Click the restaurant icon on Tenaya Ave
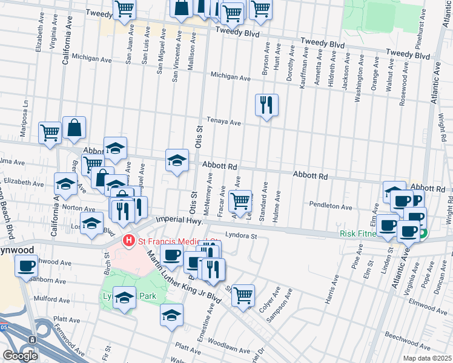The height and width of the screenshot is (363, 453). point(266,106)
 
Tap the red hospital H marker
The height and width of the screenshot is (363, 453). point(128,241)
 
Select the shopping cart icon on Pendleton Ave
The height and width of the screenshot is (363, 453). point(241,199)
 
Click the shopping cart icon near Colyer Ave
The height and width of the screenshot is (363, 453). point(243,295)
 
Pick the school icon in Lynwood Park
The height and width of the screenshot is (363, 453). point(124,298)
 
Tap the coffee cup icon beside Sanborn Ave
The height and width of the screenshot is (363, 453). point(26,266)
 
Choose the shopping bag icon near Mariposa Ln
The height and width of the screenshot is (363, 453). point(74,128)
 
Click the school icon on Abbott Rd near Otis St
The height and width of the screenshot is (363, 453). point(177,160)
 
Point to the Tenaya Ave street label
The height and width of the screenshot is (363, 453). point(224,123)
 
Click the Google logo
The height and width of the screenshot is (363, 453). point(20,356)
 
